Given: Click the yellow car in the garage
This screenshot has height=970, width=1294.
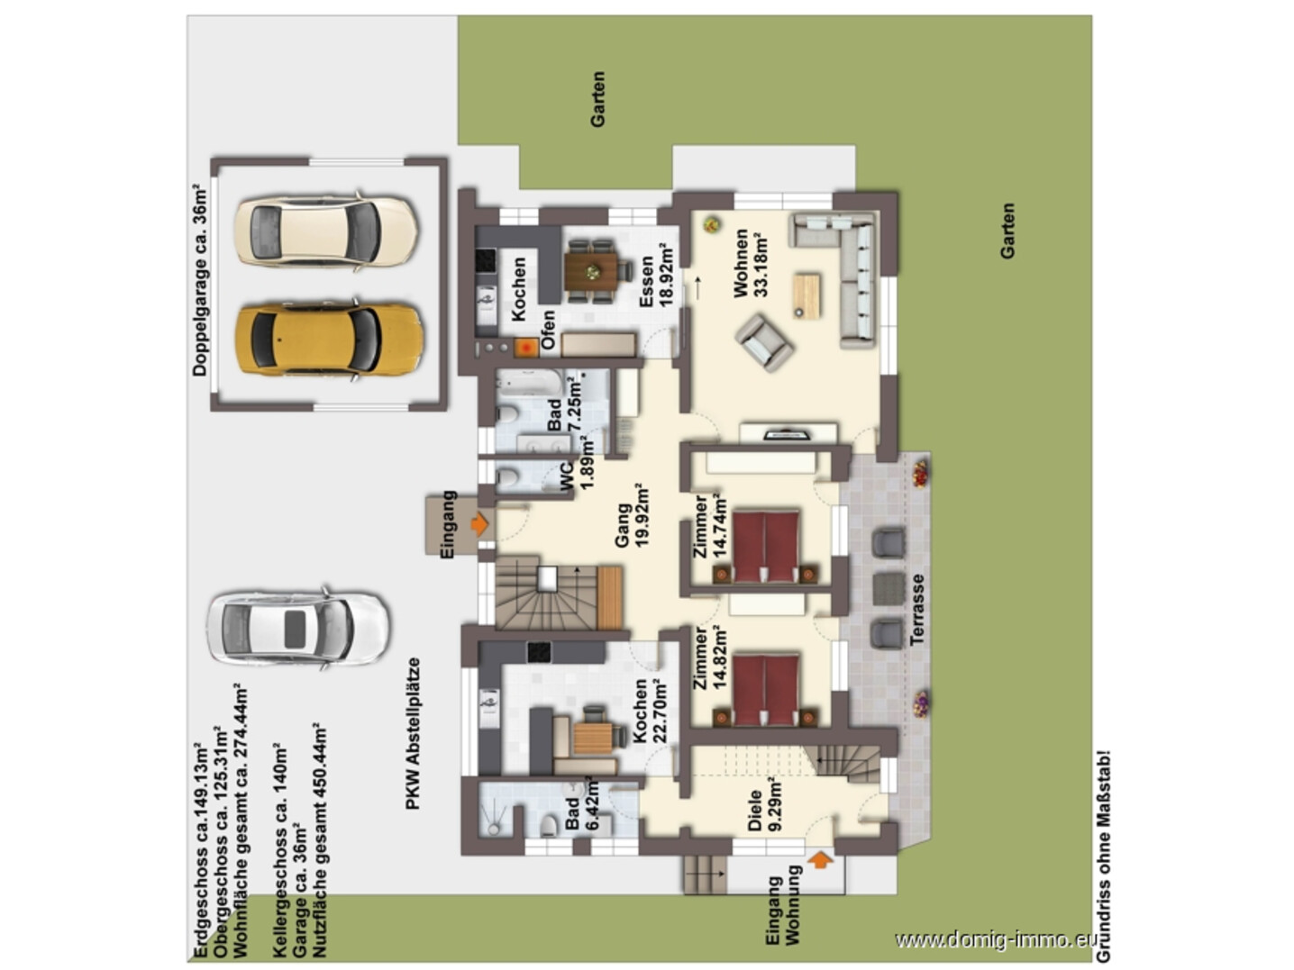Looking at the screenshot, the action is [329, 340].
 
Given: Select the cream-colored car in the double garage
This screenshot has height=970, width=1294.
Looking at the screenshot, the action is [326, 230].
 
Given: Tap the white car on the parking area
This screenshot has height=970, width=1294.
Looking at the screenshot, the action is [297, 629].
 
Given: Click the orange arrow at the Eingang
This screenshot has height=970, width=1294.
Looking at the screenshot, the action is [479, 523].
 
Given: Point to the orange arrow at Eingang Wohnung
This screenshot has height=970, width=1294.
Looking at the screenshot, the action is [820, 860].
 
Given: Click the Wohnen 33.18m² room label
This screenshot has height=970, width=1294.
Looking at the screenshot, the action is [750, 263].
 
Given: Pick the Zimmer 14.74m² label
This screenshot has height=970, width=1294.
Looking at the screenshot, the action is [709, 526].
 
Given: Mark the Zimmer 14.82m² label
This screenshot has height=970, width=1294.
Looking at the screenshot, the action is [709, 658].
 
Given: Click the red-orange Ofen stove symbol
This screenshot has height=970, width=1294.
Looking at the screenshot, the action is [526, 347].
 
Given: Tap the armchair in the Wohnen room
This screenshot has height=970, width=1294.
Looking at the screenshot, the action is [764, 342].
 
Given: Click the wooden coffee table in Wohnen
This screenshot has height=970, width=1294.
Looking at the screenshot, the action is [806, 296].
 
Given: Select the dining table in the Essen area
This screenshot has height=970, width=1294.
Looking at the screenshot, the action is [591, 271].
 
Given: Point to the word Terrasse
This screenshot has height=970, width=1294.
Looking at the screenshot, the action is [916, 610].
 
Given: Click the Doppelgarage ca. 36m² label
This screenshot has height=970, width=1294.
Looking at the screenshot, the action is [200, 280].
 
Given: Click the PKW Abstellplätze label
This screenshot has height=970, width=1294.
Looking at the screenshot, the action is [414, 734].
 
